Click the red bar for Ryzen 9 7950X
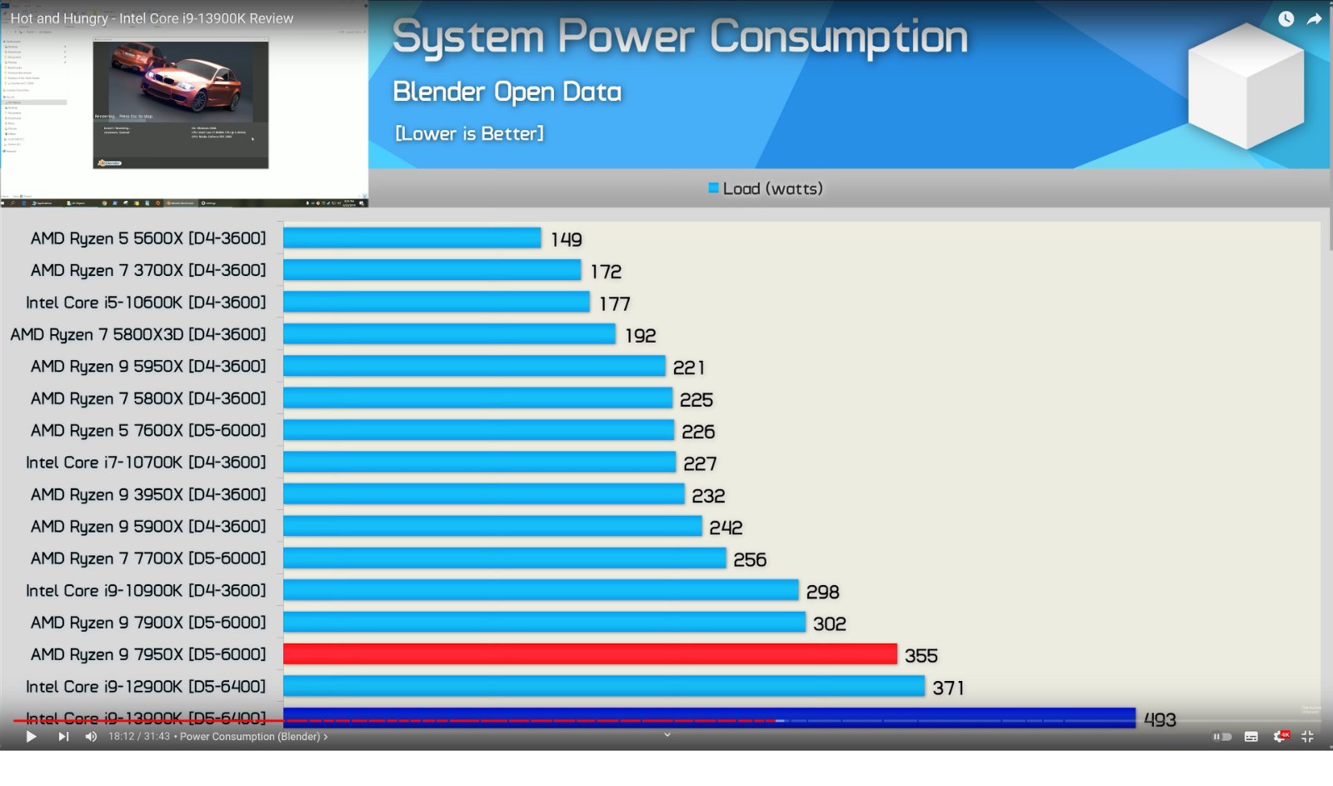(x=590, y=654)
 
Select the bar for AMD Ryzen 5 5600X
(x=412, y=238)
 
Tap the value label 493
(x=1160, y=719)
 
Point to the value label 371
(x=948, y=688)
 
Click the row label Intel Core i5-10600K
(x=146, y=303)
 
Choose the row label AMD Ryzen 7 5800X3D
(x=138, y=334)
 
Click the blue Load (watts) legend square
(x=713, y=188)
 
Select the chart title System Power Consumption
(x=680, y=38)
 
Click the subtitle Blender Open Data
(x=507, y=92)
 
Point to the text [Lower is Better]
(x=469, y=133)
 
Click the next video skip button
(x=63, y=737)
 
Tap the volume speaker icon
(x=91, y=737)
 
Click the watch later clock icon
(x=1286, y=19)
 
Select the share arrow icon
(x=1314, y=19)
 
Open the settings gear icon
(x=1279, y=737)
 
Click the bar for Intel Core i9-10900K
(x=541, y=590)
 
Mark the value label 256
(x=750, y=559)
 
